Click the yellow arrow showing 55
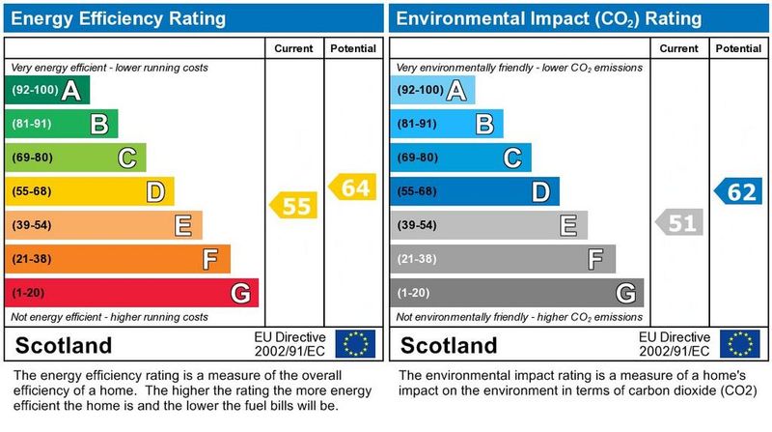tap(292, 205)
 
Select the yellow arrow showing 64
tap(352, 187)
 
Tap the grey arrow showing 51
tap(678, 223)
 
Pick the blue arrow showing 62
tap(738, 191)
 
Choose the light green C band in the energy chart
tap(74, 158)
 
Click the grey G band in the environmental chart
tap(516, 292)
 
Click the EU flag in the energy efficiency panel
tap(354, 343)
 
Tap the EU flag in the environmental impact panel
tap(740, 343)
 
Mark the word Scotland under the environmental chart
tap(449, 345)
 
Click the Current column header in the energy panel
tap(294, 48)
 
